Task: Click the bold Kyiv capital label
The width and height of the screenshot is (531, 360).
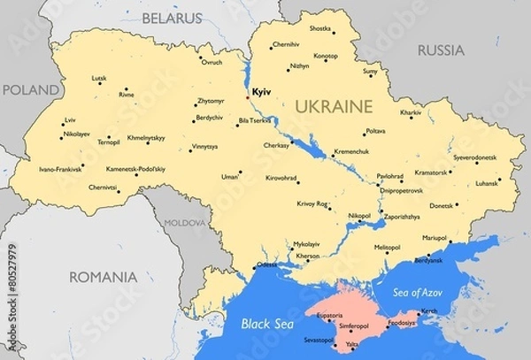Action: (261, 91)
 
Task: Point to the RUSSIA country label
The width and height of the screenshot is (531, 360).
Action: (440, 50)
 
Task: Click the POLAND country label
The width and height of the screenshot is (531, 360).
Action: (30, 89)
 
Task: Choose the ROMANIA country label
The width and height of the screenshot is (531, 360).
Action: (104, 277)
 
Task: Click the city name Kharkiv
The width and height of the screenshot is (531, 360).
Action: (411, 113)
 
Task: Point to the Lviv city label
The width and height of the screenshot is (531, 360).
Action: (70, 119)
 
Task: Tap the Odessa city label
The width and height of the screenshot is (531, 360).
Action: (266, 265)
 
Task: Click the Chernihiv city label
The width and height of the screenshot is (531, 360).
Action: (286, 43)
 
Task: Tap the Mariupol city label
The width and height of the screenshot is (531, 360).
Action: (434, 237)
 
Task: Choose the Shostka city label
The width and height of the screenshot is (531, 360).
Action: (319, 28)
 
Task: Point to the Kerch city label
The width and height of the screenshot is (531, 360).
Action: (428, 311)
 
